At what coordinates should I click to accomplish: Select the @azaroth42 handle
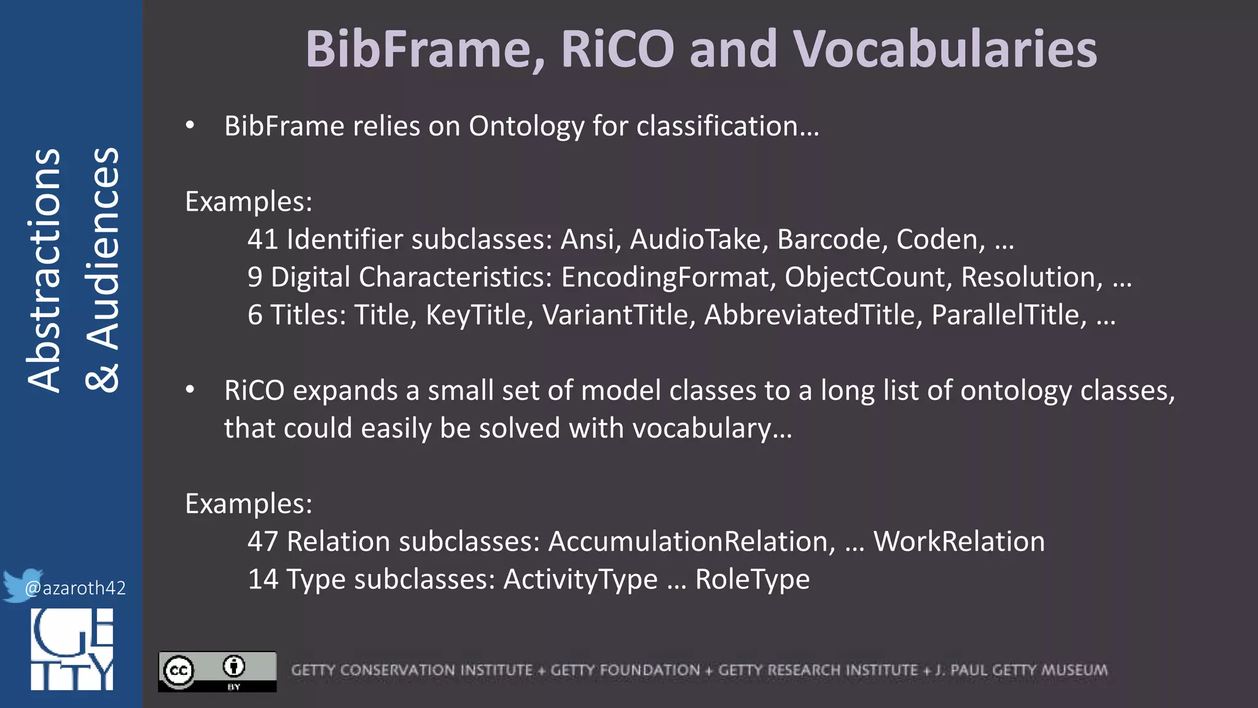point(76,588)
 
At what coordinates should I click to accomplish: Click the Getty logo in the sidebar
point(72,650)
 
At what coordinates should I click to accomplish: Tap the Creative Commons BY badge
point(217,671)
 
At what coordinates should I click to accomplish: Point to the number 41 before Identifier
point(263,240)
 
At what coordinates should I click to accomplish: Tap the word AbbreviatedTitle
point(813,315)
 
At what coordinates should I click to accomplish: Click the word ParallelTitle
point(1009,315)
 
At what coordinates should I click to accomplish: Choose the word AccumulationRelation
point(692,542)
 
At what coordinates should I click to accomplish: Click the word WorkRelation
point(959,542)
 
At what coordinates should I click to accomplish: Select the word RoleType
point(752,580)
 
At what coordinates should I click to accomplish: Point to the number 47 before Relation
point(263,542)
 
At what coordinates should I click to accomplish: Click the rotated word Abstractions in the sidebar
point(44,270)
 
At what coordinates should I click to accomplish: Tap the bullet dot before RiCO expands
point(190,390)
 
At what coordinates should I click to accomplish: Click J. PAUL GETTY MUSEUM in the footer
point(1022,670)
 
